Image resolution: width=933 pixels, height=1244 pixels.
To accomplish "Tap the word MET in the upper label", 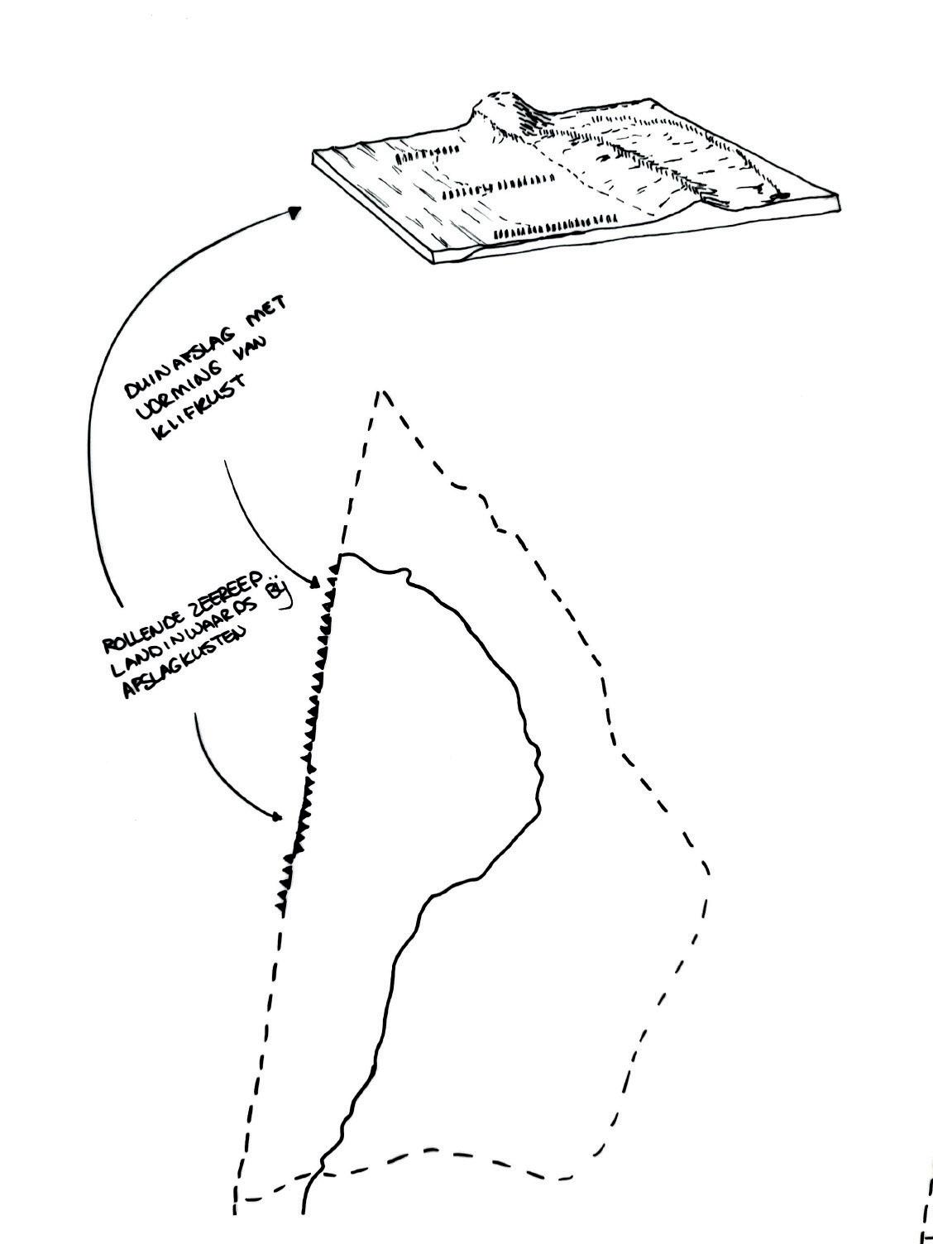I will (x=267, y=316).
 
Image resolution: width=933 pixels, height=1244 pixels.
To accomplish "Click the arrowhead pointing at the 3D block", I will (x=294, y=213).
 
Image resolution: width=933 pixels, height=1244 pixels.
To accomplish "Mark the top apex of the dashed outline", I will (x=379, y=393).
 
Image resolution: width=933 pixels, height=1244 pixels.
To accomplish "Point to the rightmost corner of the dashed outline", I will (x=707, y=868).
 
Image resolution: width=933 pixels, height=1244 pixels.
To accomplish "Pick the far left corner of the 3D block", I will (x=314, y=154).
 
